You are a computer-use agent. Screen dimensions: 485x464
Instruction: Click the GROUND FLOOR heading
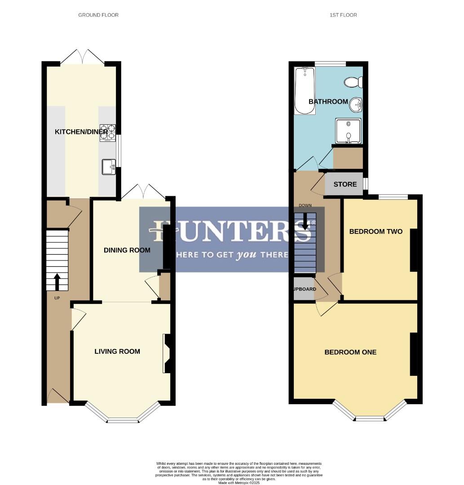coord(98,15)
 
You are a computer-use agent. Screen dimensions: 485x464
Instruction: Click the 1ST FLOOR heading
coord(343,15)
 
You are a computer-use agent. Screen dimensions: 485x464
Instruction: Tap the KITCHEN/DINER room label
coord(81,132)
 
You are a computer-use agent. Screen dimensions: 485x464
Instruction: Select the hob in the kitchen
coord(108,132)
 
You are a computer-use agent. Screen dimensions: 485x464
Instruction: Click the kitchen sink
coord(109,167)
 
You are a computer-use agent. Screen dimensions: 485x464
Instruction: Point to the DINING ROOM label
coord(127,250)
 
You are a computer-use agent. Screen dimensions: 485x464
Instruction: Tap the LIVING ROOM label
coord(117,352)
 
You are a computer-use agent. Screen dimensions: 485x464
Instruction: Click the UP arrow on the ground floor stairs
coord(57,282)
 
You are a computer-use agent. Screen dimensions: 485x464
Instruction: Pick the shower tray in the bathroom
coord(348,131)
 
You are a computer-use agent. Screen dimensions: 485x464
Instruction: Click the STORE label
coord(345,185)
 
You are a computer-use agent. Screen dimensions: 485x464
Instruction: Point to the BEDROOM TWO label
coord(376,232)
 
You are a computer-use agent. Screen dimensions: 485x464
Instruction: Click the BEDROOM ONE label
coord(350,353)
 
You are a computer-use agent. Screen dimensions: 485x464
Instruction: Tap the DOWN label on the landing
coord(305,206)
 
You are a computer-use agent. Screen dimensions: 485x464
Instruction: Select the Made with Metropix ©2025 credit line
coord(239,483)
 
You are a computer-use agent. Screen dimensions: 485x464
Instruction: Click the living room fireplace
coord(167,353)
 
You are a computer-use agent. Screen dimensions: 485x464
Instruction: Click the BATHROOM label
coord(328,102)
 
